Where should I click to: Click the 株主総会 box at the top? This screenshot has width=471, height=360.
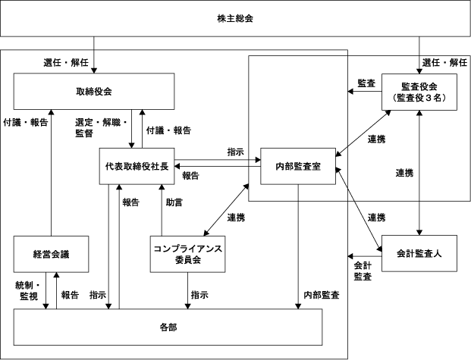[235, 18]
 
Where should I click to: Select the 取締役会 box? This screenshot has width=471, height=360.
[94, 91]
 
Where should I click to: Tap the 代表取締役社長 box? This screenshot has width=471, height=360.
[137, 166]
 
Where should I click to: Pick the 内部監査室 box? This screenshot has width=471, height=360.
[298, 166]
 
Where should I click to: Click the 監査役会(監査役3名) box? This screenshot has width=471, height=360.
[419, 92]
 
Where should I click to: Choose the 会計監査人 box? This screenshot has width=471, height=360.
[419, 253]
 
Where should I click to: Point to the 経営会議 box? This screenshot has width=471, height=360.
[51, 255]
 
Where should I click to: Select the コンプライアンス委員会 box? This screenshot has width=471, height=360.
[188, 255]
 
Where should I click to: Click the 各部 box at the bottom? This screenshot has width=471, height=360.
[168, 327]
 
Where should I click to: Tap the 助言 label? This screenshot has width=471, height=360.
[174, 202]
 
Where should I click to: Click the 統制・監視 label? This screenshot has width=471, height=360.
[27, 290]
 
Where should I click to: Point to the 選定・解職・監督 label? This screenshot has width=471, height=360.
[101, 127]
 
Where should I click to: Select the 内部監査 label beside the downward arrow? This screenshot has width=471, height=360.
[322, 295]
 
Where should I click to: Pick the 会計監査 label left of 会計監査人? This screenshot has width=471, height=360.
[363, 271]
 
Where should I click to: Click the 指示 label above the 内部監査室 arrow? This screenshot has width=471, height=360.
[235, 152]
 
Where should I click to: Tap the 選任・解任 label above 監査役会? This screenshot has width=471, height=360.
[444, 62]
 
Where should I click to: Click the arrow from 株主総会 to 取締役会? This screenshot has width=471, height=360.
[94, 55]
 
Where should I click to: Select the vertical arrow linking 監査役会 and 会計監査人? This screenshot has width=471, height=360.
[419, 173]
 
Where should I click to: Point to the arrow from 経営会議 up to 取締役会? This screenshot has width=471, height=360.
[51, 173]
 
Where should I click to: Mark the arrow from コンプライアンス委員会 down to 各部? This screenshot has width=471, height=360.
[188, 290]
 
